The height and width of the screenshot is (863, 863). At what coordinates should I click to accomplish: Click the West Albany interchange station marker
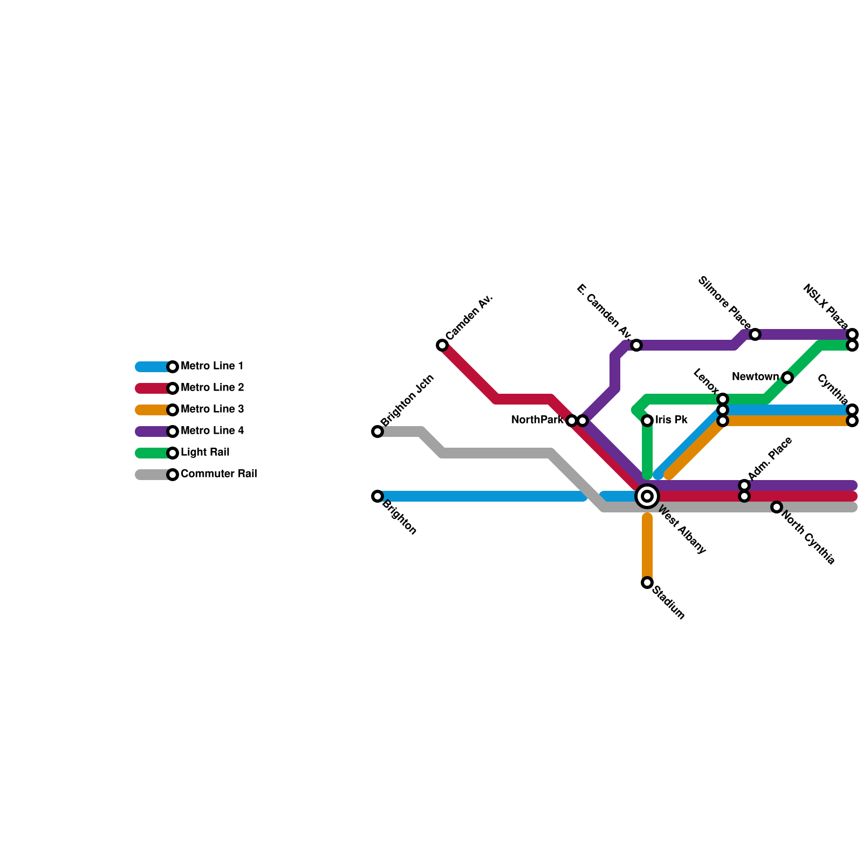click(x=647, y=496)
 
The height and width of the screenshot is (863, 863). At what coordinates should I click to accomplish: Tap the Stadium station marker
click(x=647, y=583)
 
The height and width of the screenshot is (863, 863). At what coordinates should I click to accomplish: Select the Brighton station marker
click(x=378, y=496)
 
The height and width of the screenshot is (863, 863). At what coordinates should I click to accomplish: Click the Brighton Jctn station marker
click(x=378, y=432)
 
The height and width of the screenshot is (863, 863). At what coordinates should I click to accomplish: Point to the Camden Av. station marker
click(x=442, y=345)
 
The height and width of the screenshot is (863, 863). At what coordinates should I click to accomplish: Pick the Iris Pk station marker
click(x=647, y=421)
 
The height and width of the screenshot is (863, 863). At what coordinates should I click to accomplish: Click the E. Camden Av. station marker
click(x=636, y=345)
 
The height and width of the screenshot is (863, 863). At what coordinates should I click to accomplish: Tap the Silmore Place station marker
click(x=755, y=334)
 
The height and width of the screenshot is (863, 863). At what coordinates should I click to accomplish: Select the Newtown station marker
click(x=787, y=378)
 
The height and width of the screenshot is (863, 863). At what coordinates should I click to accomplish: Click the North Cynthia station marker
click(x=777, y=507)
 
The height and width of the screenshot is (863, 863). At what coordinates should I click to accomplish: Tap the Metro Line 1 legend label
click(x=212, y=366)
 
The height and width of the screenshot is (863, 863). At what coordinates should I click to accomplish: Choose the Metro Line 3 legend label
click(x=212, y=409)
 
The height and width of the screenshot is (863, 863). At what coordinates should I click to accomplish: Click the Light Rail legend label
click(x=205, y=453)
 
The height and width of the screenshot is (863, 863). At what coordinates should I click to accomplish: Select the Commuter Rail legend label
click(x=218, y=474)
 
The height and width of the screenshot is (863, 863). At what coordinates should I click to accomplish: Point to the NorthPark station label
click(x=537, y=420)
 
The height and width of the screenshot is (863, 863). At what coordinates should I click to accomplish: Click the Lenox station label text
click(x=706, y=381)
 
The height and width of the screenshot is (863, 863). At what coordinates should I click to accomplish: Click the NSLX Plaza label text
click(x=825, y=306)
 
